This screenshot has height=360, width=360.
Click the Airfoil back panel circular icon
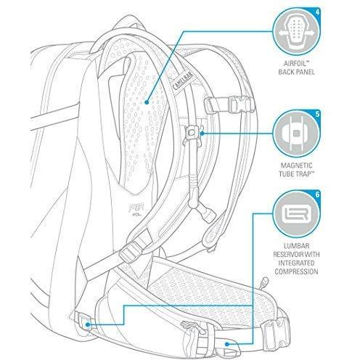(297, 32)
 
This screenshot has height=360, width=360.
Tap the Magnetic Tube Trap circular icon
(297, 134)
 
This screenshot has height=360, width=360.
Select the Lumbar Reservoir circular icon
(297, 213)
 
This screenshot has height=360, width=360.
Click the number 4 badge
(317, 12)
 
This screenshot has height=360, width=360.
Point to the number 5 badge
(317, 113)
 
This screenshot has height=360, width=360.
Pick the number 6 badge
(317, 194)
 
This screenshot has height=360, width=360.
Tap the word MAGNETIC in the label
(296, 165)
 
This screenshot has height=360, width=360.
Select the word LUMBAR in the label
(296, 246)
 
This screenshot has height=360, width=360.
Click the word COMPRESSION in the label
(296, 271)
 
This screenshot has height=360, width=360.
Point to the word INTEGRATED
(296, 263)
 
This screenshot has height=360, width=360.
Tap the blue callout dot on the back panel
(147, 102)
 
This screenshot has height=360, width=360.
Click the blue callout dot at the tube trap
(202, 134)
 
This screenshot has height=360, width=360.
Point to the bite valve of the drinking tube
(208, 212)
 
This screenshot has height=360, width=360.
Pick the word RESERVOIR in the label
(287, 255)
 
